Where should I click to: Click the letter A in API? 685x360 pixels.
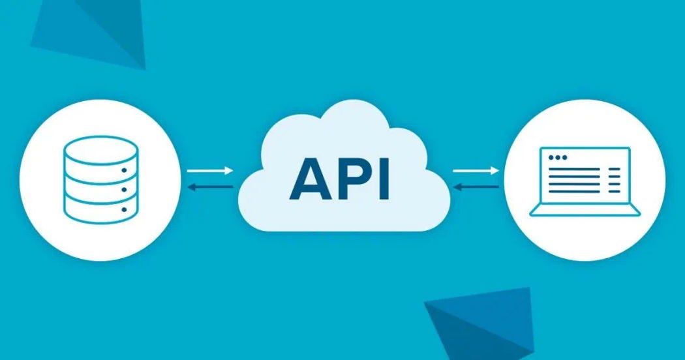[x=312, y=178]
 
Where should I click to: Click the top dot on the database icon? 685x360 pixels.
[x=122, y=169]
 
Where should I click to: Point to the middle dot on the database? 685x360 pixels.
[x=122, y=190]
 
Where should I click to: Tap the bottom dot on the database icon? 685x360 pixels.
[x=122, y=210]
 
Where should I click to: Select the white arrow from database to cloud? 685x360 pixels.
[x=209, y=171]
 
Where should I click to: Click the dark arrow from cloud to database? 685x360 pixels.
[x=209, y=187]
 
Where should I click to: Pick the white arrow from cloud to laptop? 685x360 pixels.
[x=476, y=171]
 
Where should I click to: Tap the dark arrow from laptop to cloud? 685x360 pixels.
[x=476, y=187]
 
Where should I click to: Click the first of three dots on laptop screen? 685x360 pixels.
[x=550, y=158]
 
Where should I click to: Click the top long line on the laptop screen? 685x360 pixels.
[x=573, y=170]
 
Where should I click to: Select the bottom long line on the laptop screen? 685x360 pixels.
[x=573, y=192]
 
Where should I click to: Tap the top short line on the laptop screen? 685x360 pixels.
[x=615, y=170]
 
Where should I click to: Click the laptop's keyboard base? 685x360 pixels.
[x=585, y=210]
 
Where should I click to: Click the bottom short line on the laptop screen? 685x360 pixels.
[x=615, y=192]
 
